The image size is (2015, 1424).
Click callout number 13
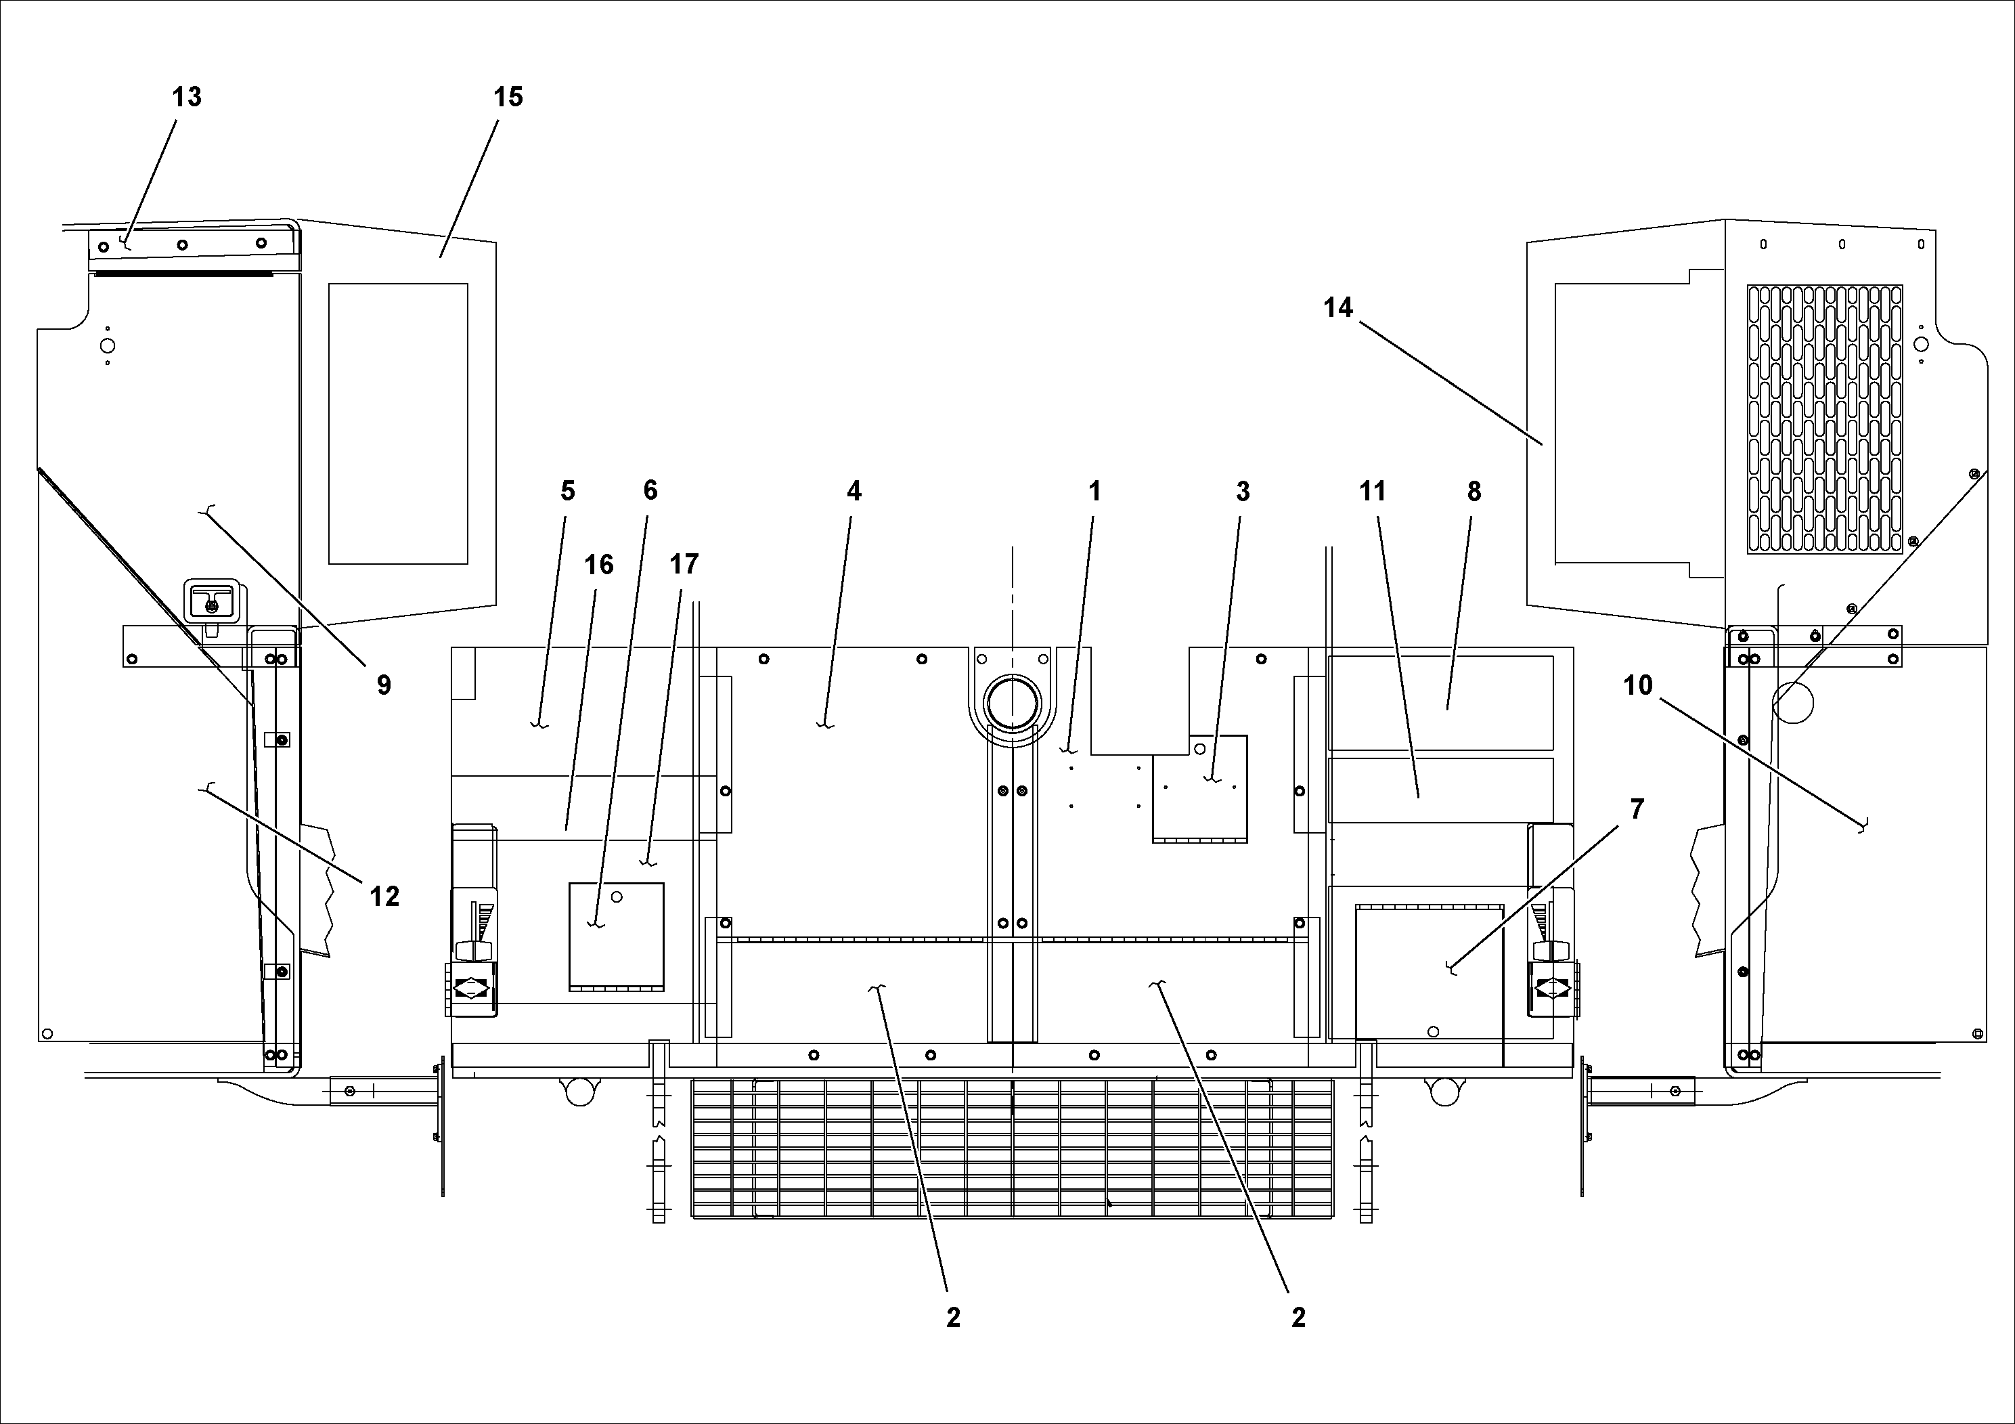click(x=186, y=97)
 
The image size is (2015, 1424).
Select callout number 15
click(x=508, y=97)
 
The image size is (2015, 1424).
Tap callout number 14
click(x=1337, y=308)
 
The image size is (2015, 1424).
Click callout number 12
click(x=384, y=897)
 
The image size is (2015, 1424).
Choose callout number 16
click(x=600, y=565)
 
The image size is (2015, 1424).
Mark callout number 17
click(x=684, y=565)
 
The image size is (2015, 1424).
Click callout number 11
click(x=1373, y=492)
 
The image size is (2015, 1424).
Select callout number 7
click(x=1637, y=809)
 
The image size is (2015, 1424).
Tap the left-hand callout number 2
click(x=953, y=1317)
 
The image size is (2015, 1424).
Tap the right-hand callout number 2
click(x=1298, y=1317)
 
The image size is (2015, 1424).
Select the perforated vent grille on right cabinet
click(x=1825, y=418)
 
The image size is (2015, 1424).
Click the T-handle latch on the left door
click(x=211, y=602)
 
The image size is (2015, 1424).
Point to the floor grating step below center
click(x=1012, y=1148)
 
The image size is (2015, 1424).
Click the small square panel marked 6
click(x=616, y=936)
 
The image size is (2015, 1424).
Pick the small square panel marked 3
click(x=1199, y=788)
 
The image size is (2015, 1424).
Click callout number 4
click(x=854, y=492)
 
